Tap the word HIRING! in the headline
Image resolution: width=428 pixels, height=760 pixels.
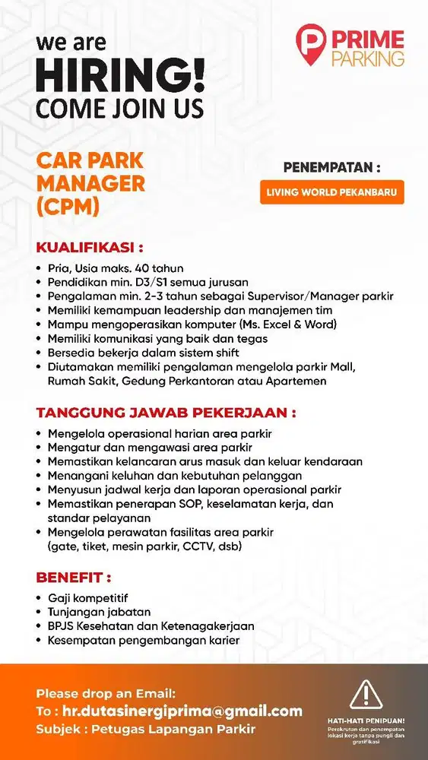click(120, 78)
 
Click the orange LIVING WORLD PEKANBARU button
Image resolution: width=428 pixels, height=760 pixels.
click(331, 192)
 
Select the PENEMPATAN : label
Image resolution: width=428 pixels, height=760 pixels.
click(331, 167)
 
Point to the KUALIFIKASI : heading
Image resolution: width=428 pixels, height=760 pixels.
click(90, 248)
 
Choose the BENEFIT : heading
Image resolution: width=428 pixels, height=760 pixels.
click(74, 578)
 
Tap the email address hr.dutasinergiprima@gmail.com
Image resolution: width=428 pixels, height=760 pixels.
click(182, 711)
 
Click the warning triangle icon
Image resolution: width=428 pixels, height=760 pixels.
click(366, 695)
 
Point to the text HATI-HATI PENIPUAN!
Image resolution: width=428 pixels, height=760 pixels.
click(366, 720)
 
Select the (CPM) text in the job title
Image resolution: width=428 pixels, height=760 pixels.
click(68, 207)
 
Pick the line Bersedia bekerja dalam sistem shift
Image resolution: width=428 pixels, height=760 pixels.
click(143, 353)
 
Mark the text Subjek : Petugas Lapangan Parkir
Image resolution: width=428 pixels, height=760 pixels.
click(146, 730)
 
